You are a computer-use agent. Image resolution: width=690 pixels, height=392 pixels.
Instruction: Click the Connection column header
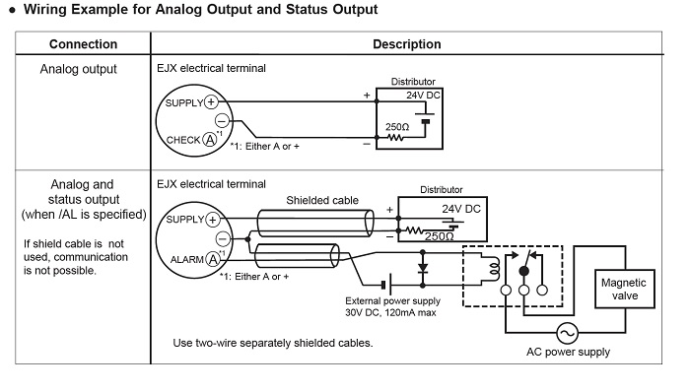(83, 44)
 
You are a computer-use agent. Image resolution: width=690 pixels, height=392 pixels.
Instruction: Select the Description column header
(406, 44)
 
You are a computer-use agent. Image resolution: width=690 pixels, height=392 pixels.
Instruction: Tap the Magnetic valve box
(624, 289)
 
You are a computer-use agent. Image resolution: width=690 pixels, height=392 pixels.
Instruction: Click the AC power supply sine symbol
(567, 333)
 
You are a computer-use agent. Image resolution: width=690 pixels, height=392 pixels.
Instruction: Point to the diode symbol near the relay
(423, 269)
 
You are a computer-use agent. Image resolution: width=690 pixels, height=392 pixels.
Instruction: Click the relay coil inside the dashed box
(495, 269)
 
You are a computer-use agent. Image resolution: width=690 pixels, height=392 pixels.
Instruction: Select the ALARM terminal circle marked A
(214, 259)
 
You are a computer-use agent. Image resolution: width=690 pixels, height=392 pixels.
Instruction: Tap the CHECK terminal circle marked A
(210, 140)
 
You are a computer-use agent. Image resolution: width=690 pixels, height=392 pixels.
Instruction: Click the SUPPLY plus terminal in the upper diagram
(211, 102)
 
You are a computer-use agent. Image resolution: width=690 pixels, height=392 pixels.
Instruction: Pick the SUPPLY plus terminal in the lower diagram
(213, 220)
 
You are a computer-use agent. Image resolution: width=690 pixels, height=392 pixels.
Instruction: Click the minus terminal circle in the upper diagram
(222, 120)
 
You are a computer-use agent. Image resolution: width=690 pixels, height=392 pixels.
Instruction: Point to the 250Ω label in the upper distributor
(397, 127)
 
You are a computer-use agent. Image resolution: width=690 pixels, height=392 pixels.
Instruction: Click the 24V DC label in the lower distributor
(461, 209)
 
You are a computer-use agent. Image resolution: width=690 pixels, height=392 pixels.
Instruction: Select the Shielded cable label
(322, 200)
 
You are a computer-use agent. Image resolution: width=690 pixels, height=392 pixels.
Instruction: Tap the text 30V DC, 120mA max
(390, 313)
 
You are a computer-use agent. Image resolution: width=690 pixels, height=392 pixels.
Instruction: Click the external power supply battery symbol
(386, 286)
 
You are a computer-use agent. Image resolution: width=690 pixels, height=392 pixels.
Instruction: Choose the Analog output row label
(78, 69)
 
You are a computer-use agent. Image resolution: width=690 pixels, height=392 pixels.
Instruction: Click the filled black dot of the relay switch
(523, 271)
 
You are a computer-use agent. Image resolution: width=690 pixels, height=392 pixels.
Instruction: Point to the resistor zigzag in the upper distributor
(395, 138)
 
